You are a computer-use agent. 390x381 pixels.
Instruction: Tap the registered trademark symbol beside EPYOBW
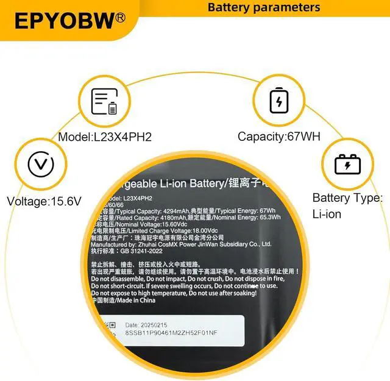(120, 18)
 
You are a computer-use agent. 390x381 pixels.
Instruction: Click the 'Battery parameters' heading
(263, 7)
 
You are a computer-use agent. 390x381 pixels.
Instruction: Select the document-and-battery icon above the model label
(104, 101)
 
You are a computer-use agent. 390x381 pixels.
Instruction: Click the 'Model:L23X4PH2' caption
(105, 137)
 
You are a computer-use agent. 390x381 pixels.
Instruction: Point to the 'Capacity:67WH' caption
(278, 137)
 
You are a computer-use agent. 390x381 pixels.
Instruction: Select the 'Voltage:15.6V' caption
(44, 201)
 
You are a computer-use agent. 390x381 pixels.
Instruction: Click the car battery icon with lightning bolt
(347, 164)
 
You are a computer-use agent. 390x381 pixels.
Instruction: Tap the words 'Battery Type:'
(347, 198)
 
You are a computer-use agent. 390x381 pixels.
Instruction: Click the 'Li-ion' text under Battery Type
(327, 214)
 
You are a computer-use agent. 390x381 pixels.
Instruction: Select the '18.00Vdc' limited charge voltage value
(209, 231)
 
